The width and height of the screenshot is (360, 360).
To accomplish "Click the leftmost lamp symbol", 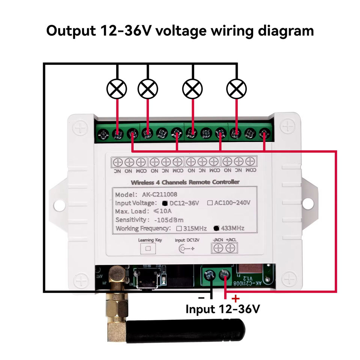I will click(117, 89).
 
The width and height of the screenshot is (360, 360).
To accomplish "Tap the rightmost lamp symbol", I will click(237, 89).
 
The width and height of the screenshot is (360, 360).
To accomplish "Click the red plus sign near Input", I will click(235, 299).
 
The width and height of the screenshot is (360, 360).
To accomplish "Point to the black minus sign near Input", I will click(201, 298).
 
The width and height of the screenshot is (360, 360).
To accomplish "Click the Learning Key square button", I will click(148, 248).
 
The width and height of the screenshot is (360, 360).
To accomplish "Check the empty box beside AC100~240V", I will click(210, 203).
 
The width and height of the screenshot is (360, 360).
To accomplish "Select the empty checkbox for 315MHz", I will click(179, 228).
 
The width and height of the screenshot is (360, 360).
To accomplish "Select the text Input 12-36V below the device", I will click(222, 309).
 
